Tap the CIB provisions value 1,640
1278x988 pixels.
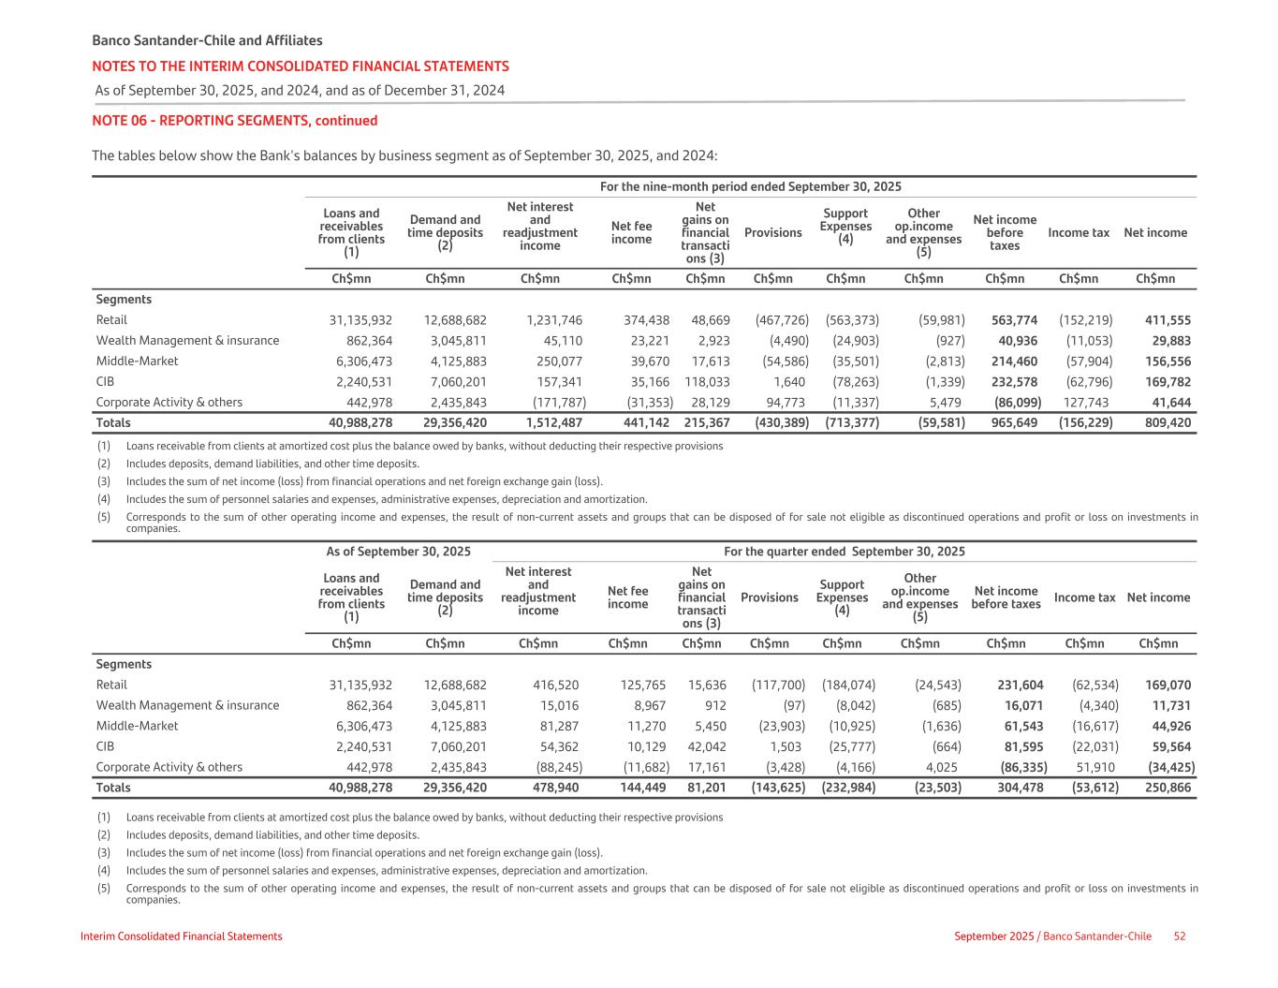click(x=793, y=382)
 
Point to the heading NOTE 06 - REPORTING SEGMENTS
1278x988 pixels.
click(x=234, y=121)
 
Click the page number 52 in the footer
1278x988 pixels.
click(x=1180, y=936)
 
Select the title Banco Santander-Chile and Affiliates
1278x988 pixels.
click(x=207, y=40)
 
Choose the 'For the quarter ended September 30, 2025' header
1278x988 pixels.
click(x=844, y=552)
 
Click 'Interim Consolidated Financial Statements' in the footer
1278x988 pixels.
click(x=182, y=936)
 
